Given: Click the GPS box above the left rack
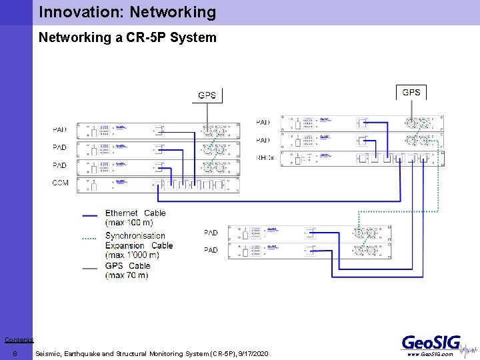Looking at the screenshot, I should (207, 95).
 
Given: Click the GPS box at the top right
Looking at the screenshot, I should (411, 92).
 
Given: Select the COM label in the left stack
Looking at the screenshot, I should (60, 182).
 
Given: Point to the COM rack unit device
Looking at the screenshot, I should (157, 185).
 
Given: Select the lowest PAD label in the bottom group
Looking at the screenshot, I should (211, 250).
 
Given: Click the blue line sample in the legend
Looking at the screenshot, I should (89, 216).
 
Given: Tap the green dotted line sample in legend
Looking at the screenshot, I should (89, 238).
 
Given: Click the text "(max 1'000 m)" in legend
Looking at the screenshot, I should (132, 255).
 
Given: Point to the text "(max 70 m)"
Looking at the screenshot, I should (127, 275).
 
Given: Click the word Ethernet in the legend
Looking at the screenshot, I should (121, 213).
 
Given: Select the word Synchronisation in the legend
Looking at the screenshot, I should (135, 235).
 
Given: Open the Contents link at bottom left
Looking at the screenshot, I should (19, 340).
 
